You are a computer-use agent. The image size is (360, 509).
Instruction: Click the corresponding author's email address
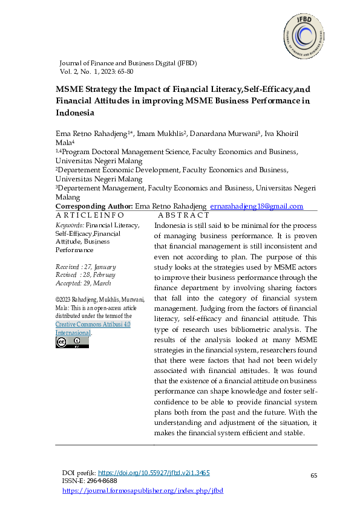tap(257, 207)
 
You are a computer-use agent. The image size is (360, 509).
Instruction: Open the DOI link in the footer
tap(154, 472)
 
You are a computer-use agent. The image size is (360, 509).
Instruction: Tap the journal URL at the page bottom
tap(143, 490)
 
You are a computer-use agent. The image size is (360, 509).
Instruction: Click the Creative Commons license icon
tap(72, 342)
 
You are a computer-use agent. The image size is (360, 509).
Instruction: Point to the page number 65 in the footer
tap(314, 476)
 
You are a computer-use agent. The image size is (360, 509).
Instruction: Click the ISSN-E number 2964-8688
tap(100, 481)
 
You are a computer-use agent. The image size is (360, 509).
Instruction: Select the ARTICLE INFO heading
tap(85, 215)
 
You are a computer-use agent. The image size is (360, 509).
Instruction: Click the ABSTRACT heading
tap(183, 215)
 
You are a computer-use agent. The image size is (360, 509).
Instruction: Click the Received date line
tap(85, 267)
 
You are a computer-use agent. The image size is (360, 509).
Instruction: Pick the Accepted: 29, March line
tap(83, 283)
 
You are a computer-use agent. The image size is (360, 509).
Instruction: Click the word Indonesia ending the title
tap(75, 112)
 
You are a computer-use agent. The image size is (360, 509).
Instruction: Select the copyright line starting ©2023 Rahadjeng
tap(100, 299)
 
